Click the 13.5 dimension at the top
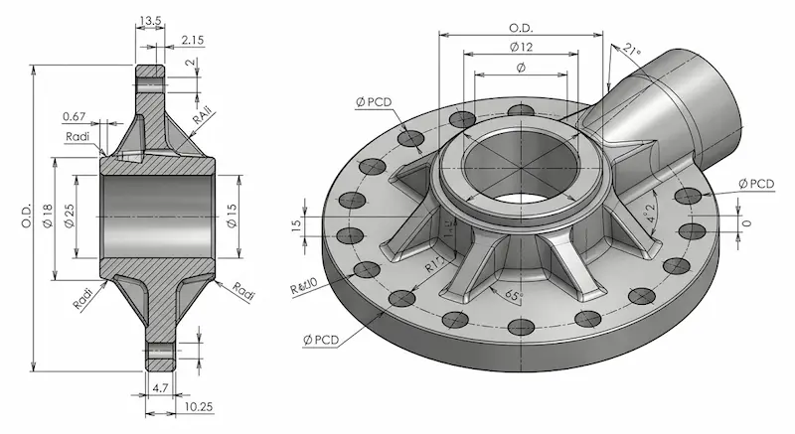pyautogui.click(x=152, y=20)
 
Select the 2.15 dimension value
pyautogui.click(x=194, y=41)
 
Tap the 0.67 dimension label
pyautogui.click(x=74, y=116)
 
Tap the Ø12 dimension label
pyautogui.click(x=521, y=48)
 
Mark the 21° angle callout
pyautogui.click(x=633, y=50)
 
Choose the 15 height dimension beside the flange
pyautogui.click(x=295, y=225)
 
